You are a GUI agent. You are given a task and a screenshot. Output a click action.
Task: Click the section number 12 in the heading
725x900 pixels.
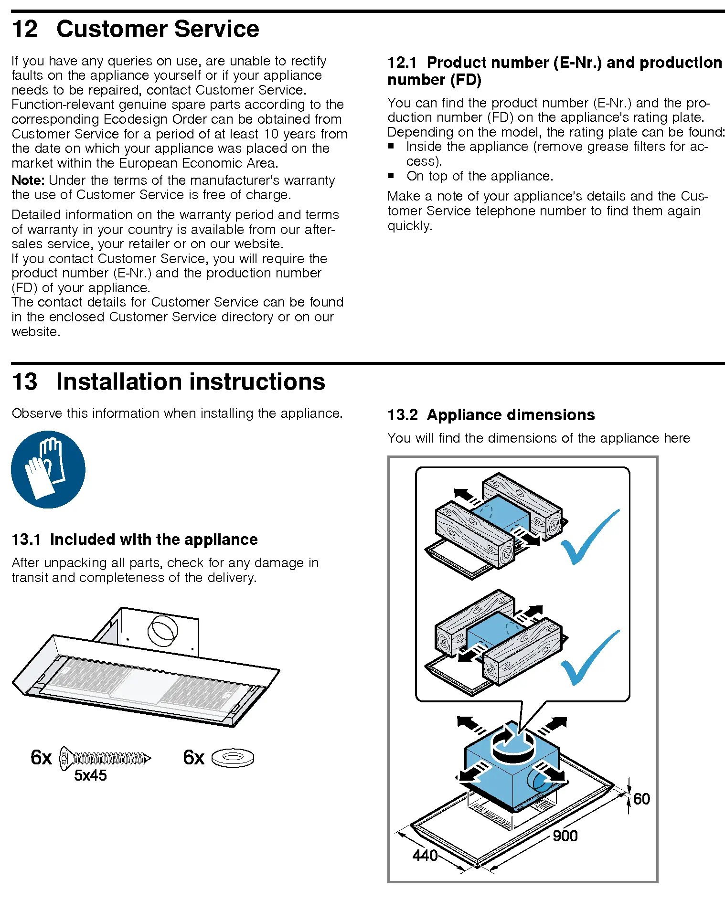coord(24,29)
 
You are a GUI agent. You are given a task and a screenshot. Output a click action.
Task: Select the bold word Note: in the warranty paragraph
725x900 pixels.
coord(28,180)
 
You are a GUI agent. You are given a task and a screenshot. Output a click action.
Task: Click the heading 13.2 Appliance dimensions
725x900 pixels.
coord(491,414)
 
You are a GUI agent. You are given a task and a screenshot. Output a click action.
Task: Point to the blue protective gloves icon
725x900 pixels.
coord(48,469)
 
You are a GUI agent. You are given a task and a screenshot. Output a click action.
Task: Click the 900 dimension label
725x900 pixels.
coord(565,836)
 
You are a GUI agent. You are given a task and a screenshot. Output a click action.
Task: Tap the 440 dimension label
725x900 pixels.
coord(425,855)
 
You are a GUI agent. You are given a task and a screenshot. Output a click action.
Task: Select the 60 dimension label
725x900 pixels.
coord(641,799)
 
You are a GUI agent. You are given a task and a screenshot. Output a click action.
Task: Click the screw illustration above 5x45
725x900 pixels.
coord(105,758)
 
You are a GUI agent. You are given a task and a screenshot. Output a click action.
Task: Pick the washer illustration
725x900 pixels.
coord(233,757)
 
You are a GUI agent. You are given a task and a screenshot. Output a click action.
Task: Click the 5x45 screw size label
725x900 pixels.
coord(90,775)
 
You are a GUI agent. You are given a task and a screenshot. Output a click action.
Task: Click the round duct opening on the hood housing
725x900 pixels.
coord(162,631)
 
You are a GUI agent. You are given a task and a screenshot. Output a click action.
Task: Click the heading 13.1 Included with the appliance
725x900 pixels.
coord(134,540)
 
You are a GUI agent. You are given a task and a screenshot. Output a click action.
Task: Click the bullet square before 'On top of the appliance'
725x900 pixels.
coord(391,176)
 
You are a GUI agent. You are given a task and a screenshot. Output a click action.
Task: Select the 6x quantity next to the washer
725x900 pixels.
coord(193,758)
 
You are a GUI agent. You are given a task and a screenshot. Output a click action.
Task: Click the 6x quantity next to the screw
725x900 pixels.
coord(41,758)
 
